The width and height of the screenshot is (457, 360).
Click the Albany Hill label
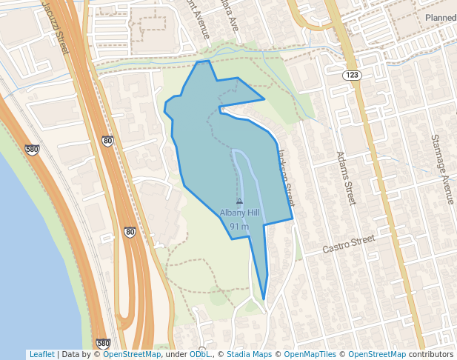tap(239, 213)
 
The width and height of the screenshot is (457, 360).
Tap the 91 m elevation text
tap(239, 226)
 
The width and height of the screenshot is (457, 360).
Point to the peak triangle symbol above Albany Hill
tap(239, 201)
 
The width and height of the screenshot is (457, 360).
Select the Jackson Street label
tap(286, 179)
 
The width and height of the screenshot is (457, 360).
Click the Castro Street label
tap(349, 244)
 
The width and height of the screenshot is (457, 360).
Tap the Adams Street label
tap(346, 179)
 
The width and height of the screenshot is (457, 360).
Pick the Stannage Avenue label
tap(442, 170)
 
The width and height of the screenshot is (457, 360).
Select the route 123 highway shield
tap(351, 76)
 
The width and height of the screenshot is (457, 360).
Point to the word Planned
tap(441, 17)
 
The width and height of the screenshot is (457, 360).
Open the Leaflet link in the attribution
tap(41, 355)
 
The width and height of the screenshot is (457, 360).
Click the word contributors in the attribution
tap(431, 355)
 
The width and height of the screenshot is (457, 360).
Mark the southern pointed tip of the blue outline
tap(264, 299)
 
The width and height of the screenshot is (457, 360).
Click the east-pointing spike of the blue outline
tap(264, 99)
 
